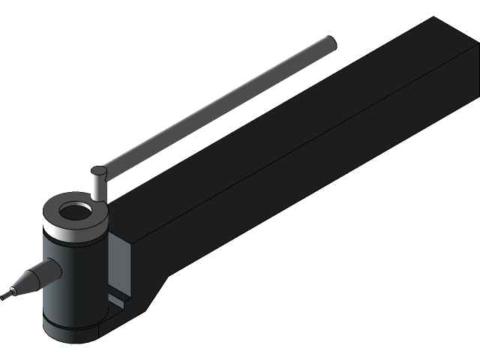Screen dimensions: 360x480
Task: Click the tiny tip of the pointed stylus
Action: pyautogui.click(x=6, y=295)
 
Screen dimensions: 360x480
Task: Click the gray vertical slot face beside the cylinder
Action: pyautogui.click(x=119, y=262)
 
